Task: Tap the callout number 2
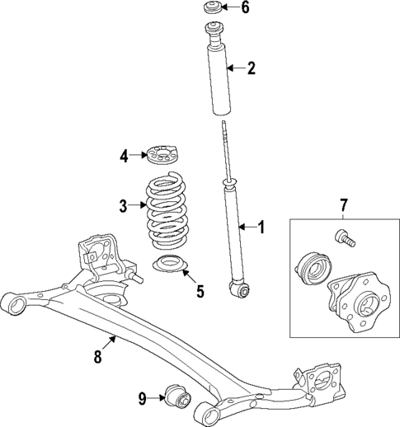click(251, 68)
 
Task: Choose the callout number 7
click(344, 204)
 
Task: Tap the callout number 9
click(142, 399)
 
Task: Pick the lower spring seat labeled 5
click(170, 266)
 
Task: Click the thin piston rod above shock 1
click(225, 148)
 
